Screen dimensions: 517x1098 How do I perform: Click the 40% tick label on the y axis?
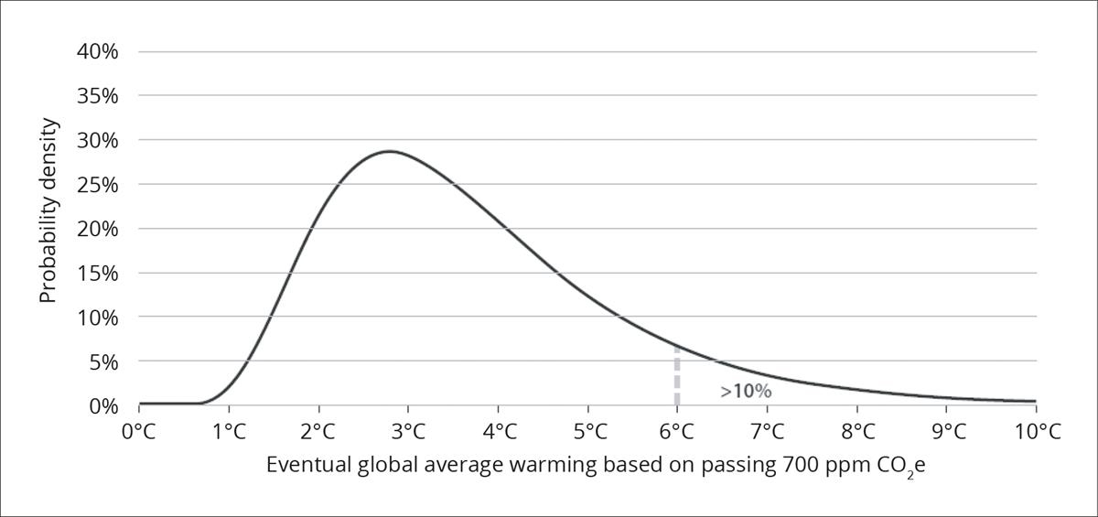pyautogui.click(x=97, y=51)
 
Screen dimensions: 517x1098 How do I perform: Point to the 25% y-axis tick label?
pyautogui.click(x=97, y=185)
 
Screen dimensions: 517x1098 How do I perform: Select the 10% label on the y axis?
pyautogui.click(x=97, y=318)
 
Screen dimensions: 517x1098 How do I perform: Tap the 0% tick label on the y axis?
pyautogui.click(x=102, y=405)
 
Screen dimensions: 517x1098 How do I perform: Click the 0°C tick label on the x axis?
pyautogui.click(x=138, y=431)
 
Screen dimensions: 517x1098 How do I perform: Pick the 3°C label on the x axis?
pyautogui.click(x=408, y=431)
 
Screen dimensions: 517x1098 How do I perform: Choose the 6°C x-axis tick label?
pyautogui.click(x=677, y=431)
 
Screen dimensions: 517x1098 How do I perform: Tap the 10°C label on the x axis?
pyautogui.click(x=1036, y=431)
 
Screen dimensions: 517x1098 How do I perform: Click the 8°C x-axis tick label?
pyautogui.click(x=856, y=431)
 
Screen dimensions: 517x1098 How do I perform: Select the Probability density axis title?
pyautogui.click(x=48, y=211)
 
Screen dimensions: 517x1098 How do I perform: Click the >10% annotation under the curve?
pyautogui.click(x=746, y=392)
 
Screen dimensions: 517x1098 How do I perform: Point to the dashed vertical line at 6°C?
pyautogui.click(x=677, y=375)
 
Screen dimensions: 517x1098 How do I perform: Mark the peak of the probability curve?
pyautogui.click(x=390, y=151)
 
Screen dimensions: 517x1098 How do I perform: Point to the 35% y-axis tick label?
pyautogui.click(x=97, y=96)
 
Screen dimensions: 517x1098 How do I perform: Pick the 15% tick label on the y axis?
pyautogui.click(x=97, y=274)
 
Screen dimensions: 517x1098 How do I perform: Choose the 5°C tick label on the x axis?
pyautogui.click(x=587, y=431)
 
